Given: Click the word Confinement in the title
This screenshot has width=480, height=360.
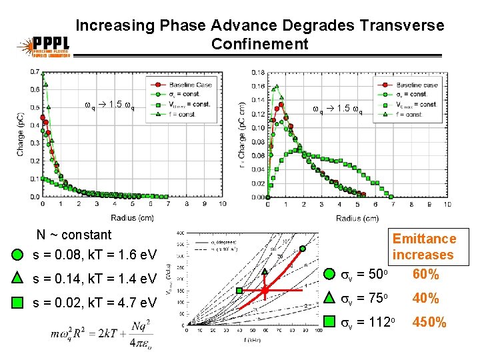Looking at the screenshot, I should point(260,45).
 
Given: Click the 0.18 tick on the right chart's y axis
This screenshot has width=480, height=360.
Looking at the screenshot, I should point(257,72).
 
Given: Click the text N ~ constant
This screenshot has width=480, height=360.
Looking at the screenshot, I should point(73,235).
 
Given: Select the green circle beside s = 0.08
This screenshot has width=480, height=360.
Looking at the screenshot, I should point(19,255).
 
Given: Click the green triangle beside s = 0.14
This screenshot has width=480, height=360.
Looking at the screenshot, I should point(19,278).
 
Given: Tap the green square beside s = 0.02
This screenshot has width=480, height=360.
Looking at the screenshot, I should point(19,303).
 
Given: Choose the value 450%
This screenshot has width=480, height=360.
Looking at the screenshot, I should point(430,322).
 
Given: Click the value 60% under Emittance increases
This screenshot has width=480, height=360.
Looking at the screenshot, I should point(425,274).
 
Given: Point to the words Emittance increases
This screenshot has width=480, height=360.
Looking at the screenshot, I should point(424,247).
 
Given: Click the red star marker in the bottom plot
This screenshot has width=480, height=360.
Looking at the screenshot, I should point(265,291).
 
